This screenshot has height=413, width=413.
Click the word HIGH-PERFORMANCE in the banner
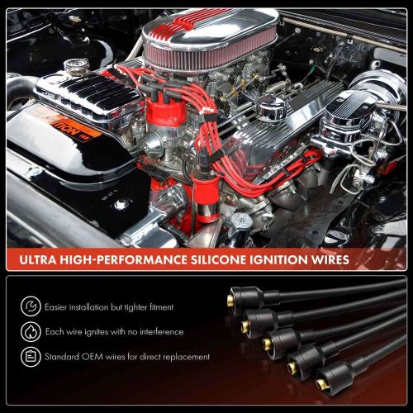point(133,260)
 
